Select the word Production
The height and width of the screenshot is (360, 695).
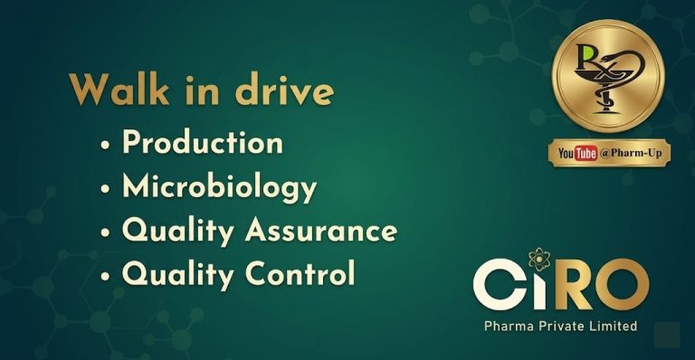pyautogui.click(x=203, y=143)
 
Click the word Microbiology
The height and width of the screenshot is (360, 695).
pyautogui.click(x=219, y=187)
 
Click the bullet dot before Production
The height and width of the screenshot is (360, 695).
pyautogui.click(x=107, y=145)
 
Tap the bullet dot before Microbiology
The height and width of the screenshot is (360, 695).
pyautogui.click(x=107, y=188)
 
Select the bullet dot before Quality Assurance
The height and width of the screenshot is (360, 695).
pyautogui.click(x=107, y=232)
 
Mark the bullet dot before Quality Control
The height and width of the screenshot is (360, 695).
pyautogui.click(x=107, y=275)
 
